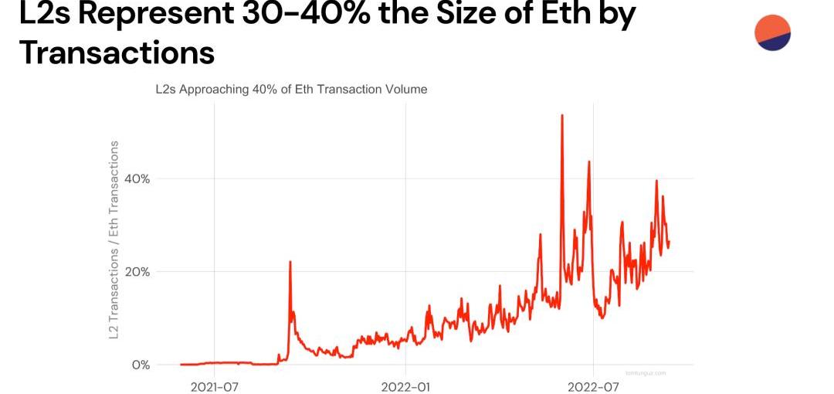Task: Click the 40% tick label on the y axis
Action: click(x=136, y=178)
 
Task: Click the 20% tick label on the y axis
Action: click(x=136, y=272)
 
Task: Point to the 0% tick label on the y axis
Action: click(x=140, y=365)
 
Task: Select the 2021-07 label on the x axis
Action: click(x=214, y=386)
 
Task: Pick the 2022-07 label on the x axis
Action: click(x=593, y=386)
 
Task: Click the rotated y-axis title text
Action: click(x=114, y=239)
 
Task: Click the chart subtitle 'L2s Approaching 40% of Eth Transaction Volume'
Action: click(x=291, y=90)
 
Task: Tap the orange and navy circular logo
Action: click(x=772, y=32)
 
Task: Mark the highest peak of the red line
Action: click(x=561, y=116)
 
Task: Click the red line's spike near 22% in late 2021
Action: click(x=290, y=262)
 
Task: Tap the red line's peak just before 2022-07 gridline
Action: click(x=588, y=162)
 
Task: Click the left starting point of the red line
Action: click(x=181, y=364)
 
